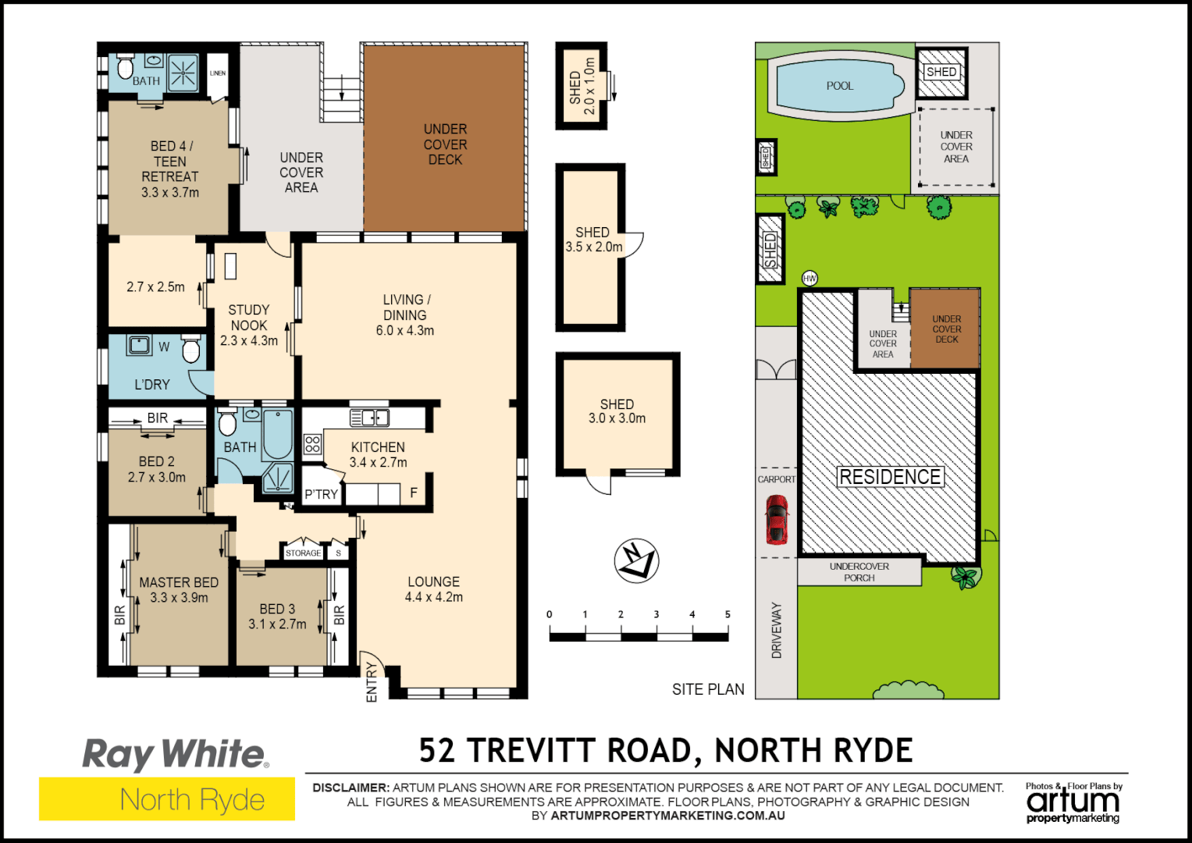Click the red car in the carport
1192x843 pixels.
(x=776, y=520)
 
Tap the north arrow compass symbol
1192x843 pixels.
(x=636, y=560)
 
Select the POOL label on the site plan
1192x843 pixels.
(x=840, y=86)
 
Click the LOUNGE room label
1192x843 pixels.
(x=433, y=582)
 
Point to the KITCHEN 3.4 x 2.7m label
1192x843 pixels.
(x=378, y=454)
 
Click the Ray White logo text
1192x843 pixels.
(x=175, y=754)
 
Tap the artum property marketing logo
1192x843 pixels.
(x=1073, y=802)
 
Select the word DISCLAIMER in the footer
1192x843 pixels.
(x=350, y=788)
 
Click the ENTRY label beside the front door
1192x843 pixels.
(x=372, y=682)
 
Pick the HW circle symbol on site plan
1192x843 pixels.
(x=809, y=279)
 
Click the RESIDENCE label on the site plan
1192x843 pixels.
(x=889, y=477)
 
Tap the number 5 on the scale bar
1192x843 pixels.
(x=728, y=614)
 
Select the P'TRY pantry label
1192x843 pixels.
(x=322, y=494)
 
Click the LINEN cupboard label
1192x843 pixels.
(x=218, y=73)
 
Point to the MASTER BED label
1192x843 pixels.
(x=179, y=582)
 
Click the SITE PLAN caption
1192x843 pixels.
(x=708, y=689)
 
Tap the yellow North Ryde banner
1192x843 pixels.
(x=167, y=799)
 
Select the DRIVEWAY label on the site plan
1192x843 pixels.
(x=777, y=630)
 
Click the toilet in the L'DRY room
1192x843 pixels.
(x=191, y=350)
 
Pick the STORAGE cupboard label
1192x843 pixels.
(x=303, y=553)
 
